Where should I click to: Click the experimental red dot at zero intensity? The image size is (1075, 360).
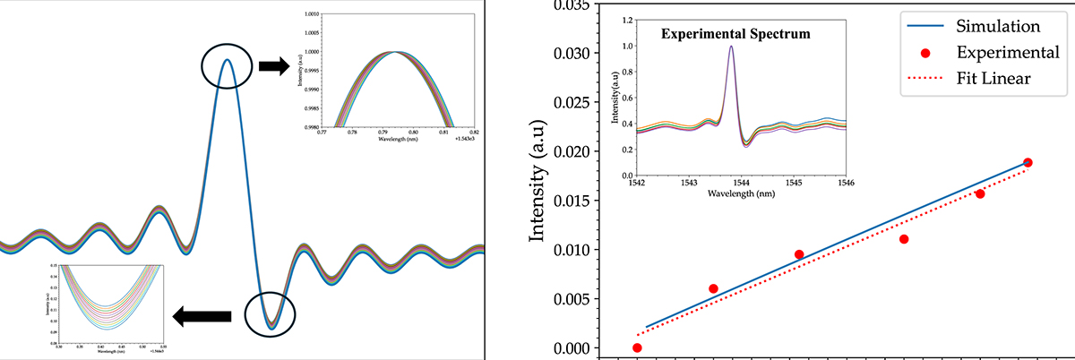click(x=637, y=347)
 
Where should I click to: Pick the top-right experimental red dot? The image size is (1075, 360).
click(x=1028, y=162)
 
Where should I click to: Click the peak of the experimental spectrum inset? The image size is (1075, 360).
click(x=732, y=47)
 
